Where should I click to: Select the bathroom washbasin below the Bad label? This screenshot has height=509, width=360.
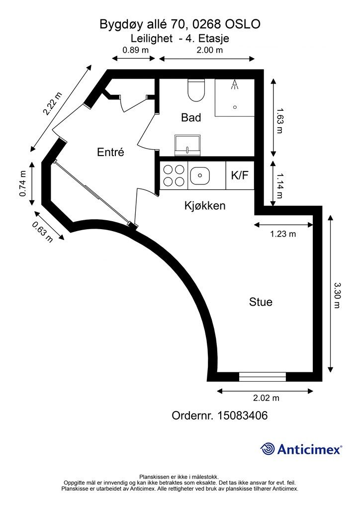(187, 145)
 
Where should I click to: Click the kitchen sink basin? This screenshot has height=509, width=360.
(200, 175)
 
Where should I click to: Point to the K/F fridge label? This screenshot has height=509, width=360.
(240, 175)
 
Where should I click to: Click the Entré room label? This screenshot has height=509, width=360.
(110, 152)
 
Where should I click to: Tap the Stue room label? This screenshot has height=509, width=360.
(261, 302)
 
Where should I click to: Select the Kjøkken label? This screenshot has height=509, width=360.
(205, 205)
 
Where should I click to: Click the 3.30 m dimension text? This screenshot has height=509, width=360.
(338, 295)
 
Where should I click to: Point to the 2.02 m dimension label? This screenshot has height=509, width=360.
(266, 398)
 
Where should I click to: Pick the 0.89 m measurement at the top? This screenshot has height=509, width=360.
(135, 50)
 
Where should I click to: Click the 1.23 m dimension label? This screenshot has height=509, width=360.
(283, 234)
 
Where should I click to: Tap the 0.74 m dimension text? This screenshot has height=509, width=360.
(23, 183)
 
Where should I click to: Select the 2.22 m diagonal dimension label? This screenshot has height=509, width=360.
(52, 104)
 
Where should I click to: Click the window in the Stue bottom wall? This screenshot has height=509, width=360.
(262, 377)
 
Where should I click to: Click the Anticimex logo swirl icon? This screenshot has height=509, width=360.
(267, 449)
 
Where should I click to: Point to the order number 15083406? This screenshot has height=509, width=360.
(243, 415)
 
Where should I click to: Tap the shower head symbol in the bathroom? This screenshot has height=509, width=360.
(234, 85)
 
